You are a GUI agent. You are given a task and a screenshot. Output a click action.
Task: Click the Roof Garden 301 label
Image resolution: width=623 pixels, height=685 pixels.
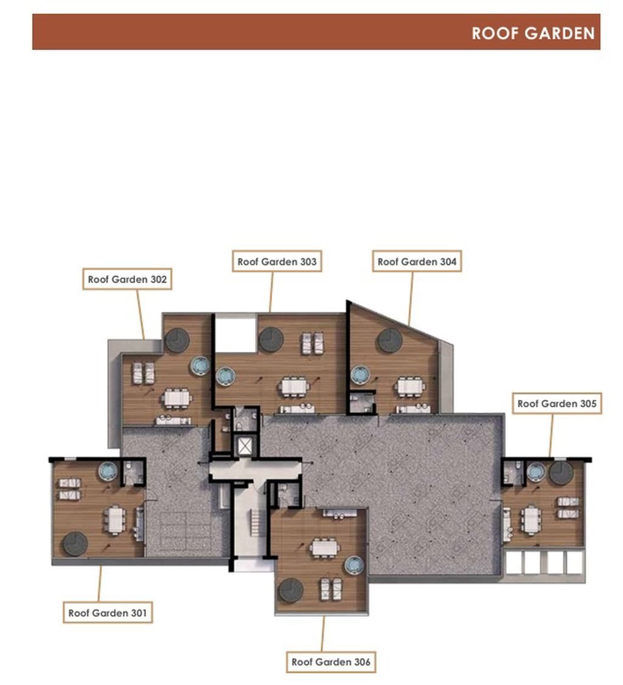[108, 613]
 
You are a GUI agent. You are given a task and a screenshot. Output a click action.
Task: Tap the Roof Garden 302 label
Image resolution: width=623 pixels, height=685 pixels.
[128, 279]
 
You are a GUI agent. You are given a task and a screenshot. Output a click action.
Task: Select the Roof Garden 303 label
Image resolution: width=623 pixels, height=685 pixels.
[277, 261]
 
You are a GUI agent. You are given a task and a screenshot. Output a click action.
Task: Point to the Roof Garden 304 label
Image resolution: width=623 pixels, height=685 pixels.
[417, 261]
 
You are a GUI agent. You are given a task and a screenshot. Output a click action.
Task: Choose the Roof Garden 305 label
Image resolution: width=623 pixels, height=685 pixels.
[557, 403]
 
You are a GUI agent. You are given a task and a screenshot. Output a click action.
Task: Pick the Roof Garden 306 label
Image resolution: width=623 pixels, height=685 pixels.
[331, 662]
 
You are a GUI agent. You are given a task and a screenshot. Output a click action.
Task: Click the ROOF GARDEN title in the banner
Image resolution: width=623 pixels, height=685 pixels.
[534, 33]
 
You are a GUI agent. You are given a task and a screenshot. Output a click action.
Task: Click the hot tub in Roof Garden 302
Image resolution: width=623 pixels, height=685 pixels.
[200, 366]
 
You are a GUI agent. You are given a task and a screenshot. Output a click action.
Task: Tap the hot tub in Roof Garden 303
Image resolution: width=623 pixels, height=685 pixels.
[226, 376]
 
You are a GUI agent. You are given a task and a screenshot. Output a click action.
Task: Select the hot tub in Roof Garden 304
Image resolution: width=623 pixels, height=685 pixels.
[361, 375]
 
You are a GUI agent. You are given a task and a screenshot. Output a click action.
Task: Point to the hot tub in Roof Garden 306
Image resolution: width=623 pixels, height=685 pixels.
[354, 565]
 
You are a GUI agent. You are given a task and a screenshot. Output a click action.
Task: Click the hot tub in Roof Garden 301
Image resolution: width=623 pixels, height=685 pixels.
[108, 471]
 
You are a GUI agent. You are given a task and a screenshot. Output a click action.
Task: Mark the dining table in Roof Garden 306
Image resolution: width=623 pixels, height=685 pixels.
[325, 548]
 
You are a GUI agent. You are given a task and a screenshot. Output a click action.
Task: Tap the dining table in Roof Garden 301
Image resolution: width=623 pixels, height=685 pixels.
[115, 520]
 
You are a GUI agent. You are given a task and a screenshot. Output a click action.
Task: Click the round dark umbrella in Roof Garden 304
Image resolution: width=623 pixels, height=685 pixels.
[391, 340]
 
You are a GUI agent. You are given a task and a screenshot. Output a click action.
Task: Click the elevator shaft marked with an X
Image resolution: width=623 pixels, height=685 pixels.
[245, 446]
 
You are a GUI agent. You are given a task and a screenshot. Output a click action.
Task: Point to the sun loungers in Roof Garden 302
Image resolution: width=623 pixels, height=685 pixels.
[143, 373]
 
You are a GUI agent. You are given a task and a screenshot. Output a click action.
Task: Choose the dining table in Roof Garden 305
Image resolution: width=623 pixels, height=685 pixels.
[531, 520]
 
